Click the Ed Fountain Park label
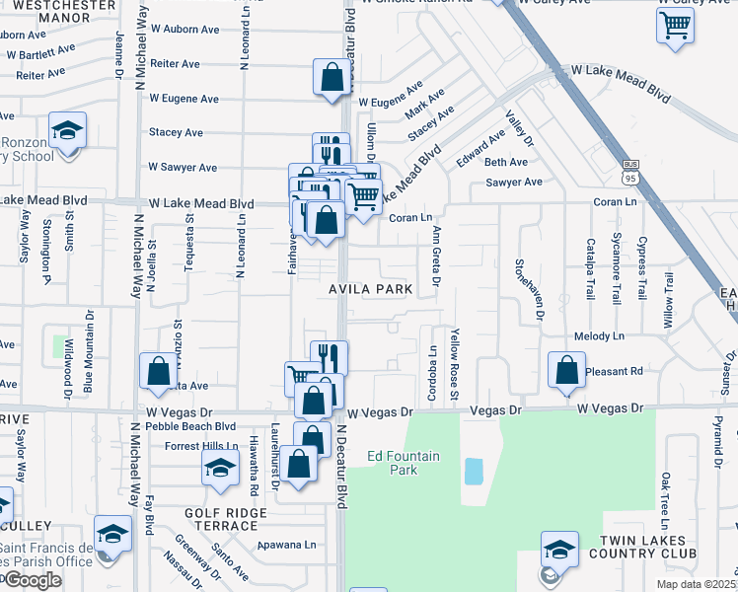405,463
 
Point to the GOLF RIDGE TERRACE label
225,520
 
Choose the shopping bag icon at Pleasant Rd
566,370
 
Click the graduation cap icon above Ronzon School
67,131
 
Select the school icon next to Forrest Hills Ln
220,468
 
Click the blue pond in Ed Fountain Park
474,471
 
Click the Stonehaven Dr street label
541,290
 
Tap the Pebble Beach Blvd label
190,426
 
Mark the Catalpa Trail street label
590,268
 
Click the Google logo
33,580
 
